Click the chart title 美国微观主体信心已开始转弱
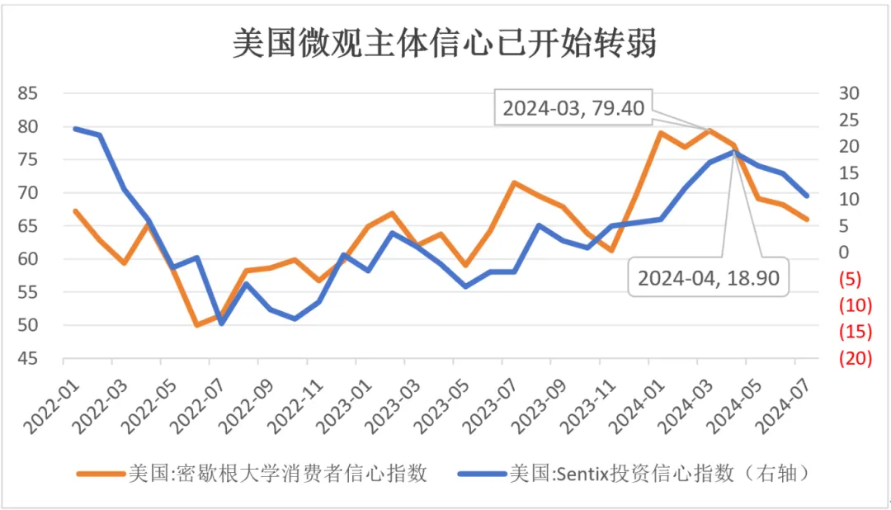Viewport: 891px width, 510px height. click(445, 43)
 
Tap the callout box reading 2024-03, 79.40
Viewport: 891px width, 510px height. click(573, 107)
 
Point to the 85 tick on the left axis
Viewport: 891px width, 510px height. click(28, 93)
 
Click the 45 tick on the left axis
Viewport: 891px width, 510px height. click(28, 358)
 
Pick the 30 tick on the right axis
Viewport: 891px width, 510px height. click(849, 93)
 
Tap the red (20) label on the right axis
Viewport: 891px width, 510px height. click(855, 358)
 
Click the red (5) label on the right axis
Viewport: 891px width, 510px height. click(851, 279)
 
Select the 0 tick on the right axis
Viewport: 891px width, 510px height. click(843, 253)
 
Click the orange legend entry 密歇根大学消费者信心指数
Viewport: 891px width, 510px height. click(252, 473)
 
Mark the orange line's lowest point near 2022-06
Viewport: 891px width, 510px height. click(196, 325)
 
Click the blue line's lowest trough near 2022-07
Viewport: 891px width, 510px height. click(221, 323)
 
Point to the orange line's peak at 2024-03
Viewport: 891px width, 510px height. click(708, 130)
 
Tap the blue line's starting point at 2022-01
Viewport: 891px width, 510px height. click(75, 128)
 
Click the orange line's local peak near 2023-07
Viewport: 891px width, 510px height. click(514, 182)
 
